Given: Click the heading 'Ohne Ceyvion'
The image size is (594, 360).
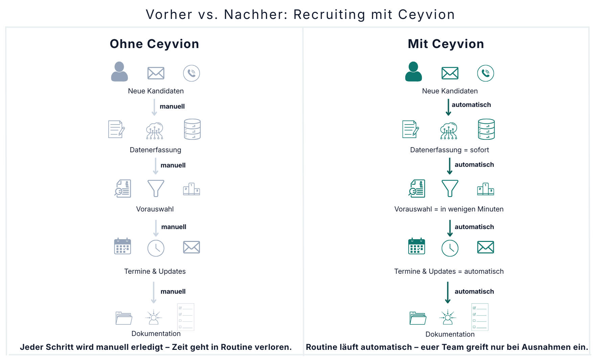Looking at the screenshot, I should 154,44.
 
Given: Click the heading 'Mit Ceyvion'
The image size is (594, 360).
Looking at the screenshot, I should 445,44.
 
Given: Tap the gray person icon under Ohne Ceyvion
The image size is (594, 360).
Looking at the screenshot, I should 119,72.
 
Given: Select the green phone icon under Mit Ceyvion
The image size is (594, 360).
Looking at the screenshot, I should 485,73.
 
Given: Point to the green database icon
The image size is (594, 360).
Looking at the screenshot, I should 486,129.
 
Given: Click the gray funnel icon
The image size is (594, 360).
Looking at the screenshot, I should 156,188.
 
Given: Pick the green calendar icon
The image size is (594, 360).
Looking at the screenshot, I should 416,246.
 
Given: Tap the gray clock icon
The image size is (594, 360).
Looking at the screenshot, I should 156,248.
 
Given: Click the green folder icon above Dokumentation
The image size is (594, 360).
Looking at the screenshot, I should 418,318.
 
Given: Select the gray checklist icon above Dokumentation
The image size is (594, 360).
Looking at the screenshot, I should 186,317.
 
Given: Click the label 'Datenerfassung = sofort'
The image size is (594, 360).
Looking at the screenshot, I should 449,150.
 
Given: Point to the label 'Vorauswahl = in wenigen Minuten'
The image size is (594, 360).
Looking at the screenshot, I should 449,209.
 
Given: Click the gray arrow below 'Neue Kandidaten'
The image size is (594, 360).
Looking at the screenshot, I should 154,107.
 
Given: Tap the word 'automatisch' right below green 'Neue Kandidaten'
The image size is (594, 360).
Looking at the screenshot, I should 471,105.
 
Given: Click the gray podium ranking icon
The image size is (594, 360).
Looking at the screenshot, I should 191,189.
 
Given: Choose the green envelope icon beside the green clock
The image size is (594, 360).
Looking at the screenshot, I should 485,247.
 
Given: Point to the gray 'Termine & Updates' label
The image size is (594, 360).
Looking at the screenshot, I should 155,271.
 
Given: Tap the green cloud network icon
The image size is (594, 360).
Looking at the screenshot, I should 449,131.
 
